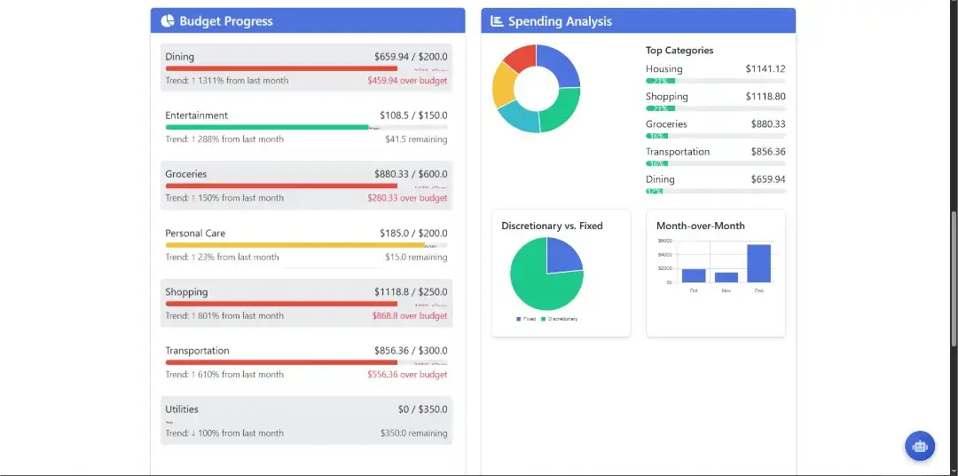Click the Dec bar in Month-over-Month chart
click(x=758, y=263)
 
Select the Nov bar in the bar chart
click(x=726, y=277)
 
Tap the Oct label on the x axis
click(x=694, y=290)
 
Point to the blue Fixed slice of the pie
click(x=562, y=256)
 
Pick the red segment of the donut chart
click(x=520, y=59)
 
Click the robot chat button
click(x=920, y=446)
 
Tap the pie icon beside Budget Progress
click(x=168, y=21)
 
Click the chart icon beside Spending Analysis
click(x=497, y=21)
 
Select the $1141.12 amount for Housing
click(x=765, y=69)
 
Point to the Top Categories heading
click(x=679, y=51)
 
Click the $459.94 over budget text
click(x=407, y=81)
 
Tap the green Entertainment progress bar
click(x=266, y=127)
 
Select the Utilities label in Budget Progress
click(x=182, y=409)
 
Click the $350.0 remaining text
click(x=413, y=433)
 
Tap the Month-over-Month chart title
click(x=701, y=226)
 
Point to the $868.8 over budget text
click(x=410, y=316)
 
